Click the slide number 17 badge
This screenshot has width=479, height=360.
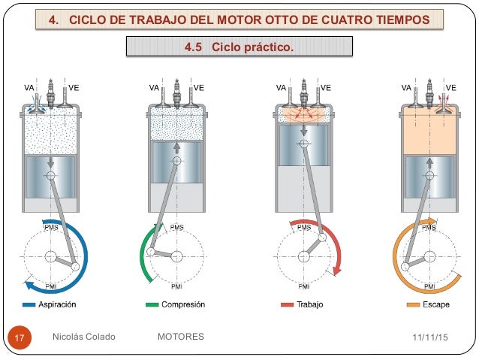20,337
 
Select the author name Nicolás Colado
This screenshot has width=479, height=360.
84,337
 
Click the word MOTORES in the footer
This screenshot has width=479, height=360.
181,337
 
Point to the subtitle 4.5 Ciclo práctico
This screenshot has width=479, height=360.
239,48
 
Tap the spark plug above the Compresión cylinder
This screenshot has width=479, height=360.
176,90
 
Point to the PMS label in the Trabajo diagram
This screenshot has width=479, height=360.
304,227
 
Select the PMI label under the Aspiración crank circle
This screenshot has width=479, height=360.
50,286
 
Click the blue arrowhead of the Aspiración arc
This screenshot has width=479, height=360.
27,284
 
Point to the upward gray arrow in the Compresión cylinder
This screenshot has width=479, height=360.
176,147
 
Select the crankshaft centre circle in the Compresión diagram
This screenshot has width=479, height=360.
176,256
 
